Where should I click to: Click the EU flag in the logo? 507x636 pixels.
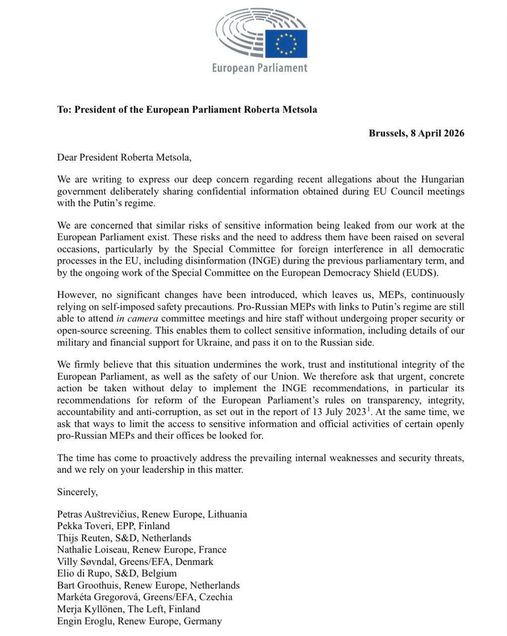click(x=286, y=44)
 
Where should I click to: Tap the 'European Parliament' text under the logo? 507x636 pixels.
click(x=259, y=68)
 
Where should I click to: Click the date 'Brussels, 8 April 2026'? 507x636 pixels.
click(x=417, y=133)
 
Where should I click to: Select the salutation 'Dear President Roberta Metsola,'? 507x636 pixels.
click(x=124, y=158)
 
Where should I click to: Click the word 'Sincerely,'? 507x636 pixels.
click(x=78, y=492)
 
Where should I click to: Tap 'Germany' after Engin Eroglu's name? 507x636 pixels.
click(x=203, y=621)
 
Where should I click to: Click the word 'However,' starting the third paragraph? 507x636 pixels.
click(x=76, y=295)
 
